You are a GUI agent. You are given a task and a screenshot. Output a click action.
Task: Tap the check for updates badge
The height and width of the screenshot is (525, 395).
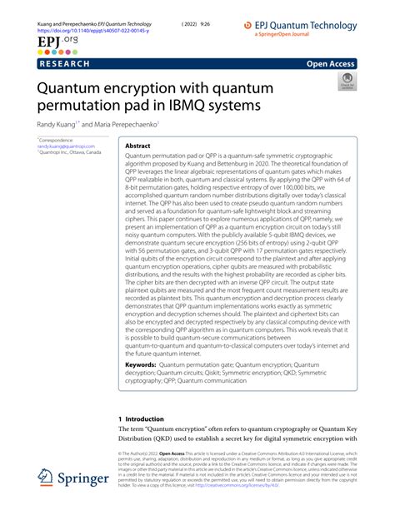click(345, 81)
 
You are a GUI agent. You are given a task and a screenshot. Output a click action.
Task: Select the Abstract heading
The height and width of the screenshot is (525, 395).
click(137, 145)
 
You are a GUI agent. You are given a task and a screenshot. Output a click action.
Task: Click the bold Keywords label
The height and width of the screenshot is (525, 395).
click(141, 365)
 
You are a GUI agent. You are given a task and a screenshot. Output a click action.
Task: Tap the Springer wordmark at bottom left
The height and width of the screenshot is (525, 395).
click(86, 480)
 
